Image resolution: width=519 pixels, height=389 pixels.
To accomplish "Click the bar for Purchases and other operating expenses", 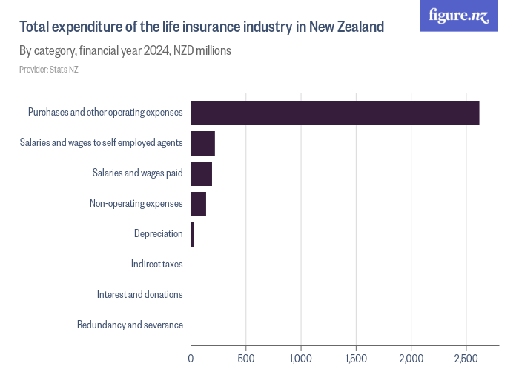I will coord(334,113).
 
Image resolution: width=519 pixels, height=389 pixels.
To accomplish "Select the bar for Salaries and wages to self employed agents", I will coord(202,143).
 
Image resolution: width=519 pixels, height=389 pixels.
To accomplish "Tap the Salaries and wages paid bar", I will coord(201,173).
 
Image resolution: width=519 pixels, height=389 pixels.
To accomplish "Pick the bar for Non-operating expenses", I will coord(198,204).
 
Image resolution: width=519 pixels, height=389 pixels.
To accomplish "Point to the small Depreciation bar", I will coord(192,234).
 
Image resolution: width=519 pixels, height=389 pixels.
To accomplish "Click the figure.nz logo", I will coord(460,16).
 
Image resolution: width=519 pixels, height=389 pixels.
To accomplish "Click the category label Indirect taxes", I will coord(156,264).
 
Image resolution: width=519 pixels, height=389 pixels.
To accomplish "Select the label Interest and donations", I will coord(139,294).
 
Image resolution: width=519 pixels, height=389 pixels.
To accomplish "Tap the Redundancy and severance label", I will coord(130,325).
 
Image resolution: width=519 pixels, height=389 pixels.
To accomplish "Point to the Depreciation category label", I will coord(158,233).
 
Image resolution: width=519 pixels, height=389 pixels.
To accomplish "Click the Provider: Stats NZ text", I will coord(48,70).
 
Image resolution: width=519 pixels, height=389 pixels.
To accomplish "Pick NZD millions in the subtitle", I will coord(202,51).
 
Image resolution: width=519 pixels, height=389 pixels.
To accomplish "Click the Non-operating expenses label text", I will coord(136,203).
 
